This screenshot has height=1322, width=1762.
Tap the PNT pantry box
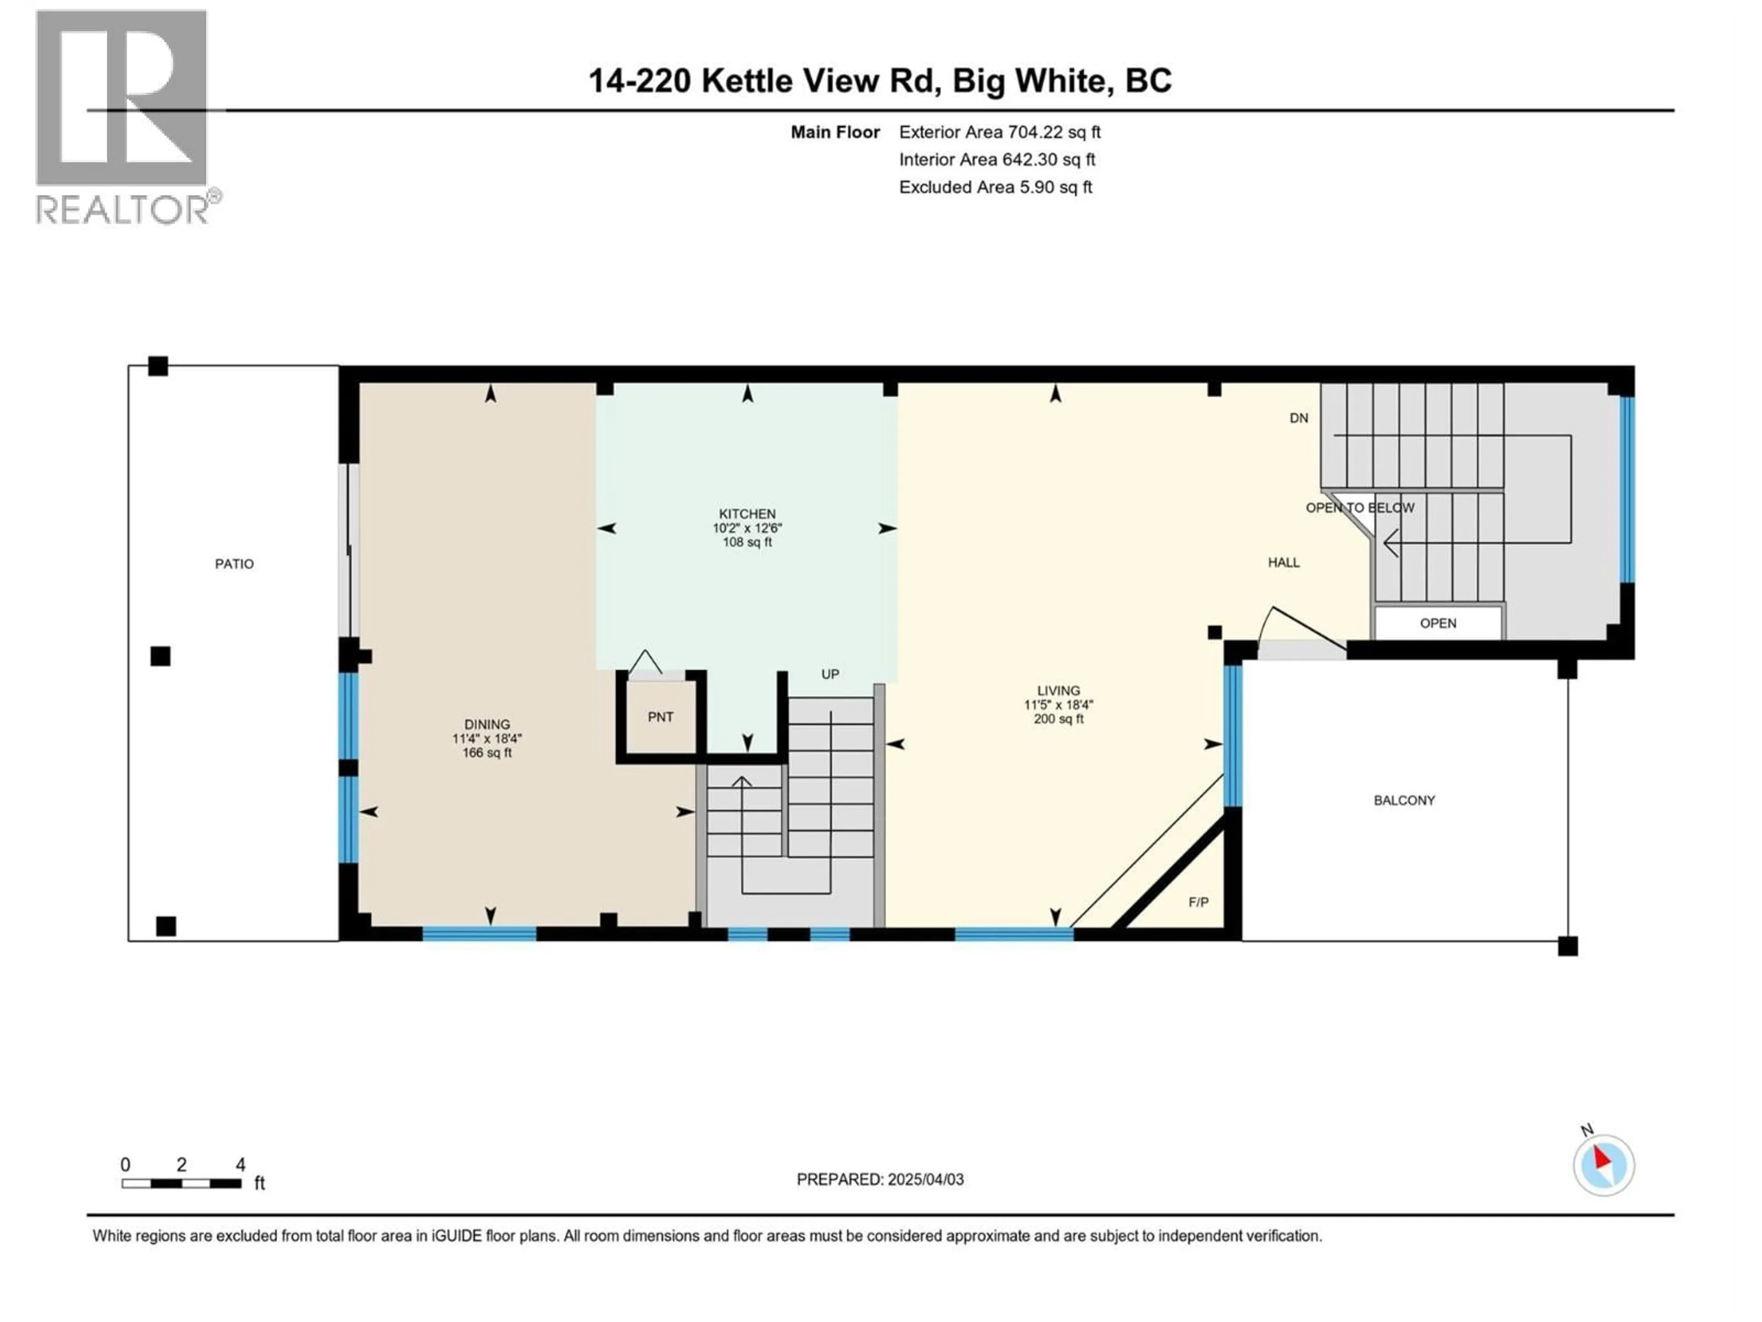pyautogui.click(x=660, y=717)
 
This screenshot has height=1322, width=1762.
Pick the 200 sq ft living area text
pyautogui.click(x=1059, y=719)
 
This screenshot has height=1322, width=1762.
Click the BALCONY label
pyautogui.click(x=1405, y=800)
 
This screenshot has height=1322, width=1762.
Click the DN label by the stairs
pyautogui.click(x=1299, y=418)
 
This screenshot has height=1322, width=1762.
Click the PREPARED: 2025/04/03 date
pyautogui.click(x=880, y=1179)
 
